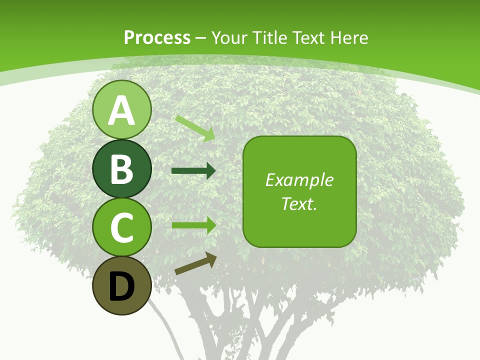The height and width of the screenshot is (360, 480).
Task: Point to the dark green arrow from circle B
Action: click(193, 171)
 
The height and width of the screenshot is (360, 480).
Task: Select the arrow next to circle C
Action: click(193, 225)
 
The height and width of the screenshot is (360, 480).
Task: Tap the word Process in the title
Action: click(157, 37)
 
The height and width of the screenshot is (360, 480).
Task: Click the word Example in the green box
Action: click(299, 180)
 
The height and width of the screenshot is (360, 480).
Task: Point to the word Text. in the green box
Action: click(299, 203)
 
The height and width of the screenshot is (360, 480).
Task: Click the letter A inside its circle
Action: click(121, 110)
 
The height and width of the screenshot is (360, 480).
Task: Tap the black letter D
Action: click(121, 286)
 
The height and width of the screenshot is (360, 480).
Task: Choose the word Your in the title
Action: click(229, 37)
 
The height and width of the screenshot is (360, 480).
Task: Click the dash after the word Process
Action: click(201, 38)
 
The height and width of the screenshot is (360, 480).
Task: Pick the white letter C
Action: click(121, 227)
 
